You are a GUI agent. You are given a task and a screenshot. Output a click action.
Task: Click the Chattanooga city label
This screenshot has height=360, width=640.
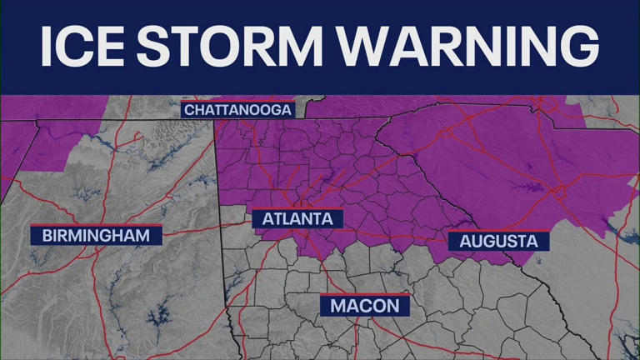pos(237,110)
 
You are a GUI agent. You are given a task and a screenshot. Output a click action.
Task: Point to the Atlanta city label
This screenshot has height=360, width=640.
pos(297,219)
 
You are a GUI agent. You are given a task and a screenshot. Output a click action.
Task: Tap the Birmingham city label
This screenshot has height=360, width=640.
pos(96,235)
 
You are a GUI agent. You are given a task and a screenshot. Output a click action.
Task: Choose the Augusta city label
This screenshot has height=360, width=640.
pos(498,242)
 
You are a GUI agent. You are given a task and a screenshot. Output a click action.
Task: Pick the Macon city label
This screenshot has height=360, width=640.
pos(365,306)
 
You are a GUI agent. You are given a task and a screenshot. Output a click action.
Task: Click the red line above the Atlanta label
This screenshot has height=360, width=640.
pos(297,208)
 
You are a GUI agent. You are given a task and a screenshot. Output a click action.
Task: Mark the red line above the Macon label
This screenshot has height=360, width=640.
pos(365,294)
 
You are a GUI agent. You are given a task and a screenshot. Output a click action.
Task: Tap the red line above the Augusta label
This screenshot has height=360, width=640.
pos(498,231)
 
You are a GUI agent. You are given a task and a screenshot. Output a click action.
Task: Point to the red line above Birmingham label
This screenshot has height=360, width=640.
pos(96,224)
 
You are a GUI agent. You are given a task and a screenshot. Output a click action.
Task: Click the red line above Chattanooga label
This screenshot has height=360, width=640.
pos(237,102)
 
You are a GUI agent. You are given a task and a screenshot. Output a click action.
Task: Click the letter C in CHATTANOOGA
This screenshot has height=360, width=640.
pos(189,110)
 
